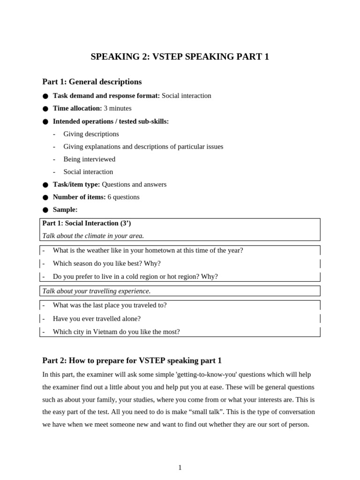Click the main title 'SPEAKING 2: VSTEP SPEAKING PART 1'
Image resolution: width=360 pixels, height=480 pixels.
tap(180, 57)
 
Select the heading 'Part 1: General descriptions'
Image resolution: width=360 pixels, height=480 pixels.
tap(92, 82)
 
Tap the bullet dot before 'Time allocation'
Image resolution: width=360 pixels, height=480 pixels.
tap(45, 109)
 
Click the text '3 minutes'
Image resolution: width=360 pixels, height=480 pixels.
tap(118, 108)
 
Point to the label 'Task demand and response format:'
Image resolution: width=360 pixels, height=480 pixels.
tap(106, 96)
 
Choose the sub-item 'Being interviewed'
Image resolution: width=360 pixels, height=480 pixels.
tap(89, 159)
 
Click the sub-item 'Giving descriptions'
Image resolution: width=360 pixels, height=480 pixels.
tap(91, 134)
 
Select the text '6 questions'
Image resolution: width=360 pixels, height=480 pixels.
tap(123, 197)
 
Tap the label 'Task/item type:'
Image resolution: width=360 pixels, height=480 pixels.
tap(76, 184)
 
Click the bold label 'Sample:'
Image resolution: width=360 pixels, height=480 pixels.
tap(65, 210)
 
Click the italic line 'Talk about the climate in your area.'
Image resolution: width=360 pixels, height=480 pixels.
tap(93, 236)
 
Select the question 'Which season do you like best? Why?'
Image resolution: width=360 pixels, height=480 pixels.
tap(106, 263)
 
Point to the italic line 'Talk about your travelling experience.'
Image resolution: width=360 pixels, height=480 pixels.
tap(96, 291)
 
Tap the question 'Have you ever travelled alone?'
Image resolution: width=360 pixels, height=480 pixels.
tap(97, 319)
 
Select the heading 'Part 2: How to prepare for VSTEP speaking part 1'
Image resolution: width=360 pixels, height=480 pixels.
tap(132, 360)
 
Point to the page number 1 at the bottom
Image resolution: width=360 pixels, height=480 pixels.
tap(180, 467)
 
